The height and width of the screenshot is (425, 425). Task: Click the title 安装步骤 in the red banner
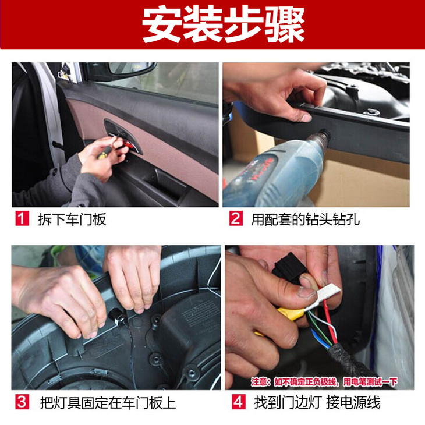point(224,24)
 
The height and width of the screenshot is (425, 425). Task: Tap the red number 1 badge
point(22,219)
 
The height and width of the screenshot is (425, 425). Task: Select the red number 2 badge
point(236,218)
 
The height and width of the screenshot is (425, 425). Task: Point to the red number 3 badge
point(22,402)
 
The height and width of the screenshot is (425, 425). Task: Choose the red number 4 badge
point(239,402)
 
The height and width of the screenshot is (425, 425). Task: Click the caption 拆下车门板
point(72,219)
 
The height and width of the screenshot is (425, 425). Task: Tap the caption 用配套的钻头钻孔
point(306,219)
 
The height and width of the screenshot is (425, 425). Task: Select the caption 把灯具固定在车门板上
point(108,403)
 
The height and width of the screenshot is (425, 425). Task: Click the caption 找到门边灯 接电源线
point(317,402)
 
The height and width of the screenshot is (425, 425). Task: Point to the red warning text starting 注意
point(324,382)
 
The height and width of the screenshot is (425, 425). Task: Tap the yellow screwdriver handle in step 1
point(105,153)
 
